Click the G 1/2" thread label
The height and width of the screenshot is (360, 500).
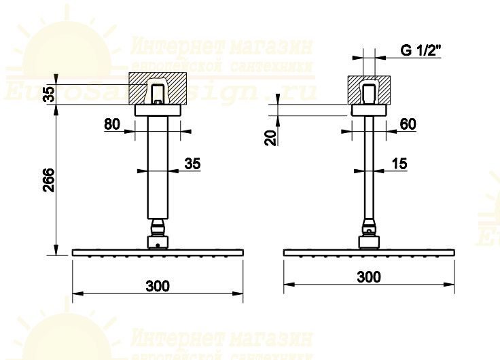pos(421,50)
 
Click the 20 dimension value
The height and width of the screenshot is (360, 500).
pos(271,137)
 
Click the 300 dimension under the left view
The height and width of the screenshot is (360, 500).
pos(158,285)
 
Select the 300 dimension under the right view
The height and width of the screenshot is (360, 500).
pos(368,277)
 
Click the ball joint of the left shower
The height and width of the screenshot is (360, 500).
pos(158,228)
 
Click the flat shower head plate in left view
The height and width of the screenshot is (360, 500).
pos(158,253)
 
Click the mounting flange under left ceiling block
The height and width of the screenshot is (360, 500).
pos(158,111)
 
